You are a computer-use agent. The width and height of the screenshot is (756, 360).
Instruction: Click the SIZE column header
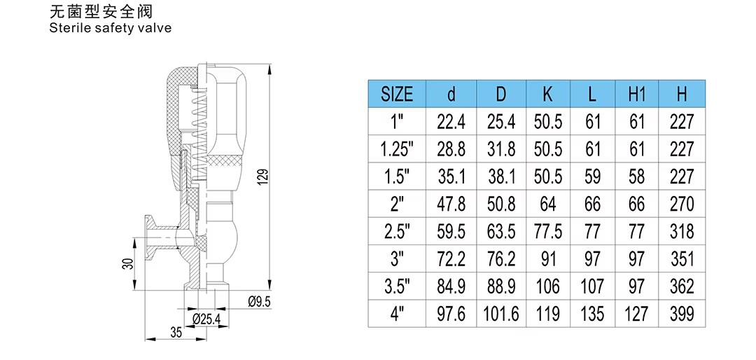397,95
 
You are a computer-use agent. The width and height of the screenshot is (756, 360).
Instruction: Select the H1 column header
637,95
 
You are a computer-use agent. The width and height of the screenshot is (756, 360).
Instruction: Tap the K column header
547,95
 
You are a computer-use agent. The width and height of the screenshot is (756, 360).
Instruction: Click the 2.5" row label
398,232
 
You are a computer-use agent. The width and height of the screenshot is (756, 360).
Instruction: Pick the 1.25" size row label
398,150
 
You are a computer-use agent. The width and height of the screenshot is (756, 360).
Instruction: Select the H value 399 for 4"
682,314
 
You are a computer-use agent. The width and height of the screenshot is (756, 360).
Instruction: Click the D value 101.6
501,314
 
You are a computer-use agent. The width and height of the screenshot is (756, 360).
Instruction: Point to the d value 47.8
451,204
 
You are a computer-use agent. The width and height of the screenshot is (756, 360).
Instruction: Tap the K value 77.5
547,232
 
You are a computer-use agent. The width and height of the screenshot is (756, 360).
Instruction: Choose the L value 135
592,314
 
